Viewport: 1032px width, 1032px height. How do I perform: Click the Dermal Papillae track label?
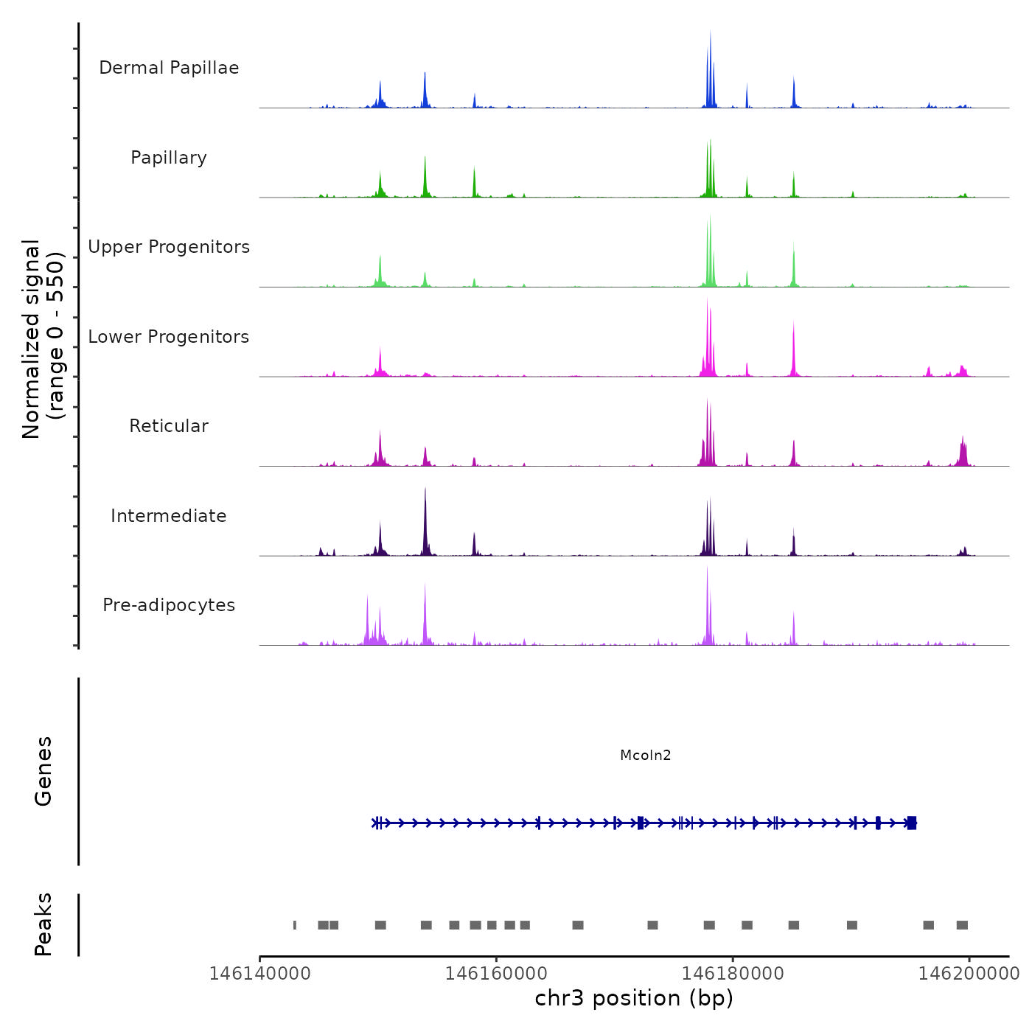point(169,68)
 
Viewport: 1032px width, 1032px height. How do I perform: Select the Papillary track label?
point(169,158)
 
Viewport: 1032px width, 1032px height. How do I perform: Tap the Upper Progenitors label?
point(169,247)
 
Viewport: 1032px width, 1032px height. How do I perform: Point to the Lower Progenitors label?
point(169,337)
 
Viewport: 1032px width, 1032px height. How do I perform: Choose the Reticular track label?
point(169,426)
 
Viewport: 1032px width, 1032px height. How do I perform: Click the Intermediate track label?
point(169,516)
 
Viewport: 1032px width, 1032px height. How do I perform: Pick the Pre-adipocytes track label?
point(169,605)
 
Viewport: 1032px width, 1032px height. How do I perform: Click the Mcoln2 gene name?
point(646,755)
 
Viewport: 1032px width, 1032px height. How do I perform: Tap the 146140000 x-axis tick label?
point(259,973)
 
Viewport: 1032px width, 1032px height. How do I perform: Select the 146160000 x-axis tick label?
point(496,973)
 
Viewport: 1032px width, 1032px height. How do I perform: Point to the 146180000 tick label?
point(733,973)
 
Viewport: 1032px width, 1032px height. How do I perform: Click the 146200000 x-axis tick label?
point(969,973)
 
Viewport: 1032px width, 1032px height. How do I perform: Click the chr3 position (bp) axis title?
point(634,998)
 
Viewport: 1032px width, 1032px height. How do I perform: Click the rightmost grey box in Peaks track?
point(962,925)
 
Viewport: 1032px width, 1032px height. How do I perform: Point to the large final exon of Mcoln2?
point(912,823)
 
